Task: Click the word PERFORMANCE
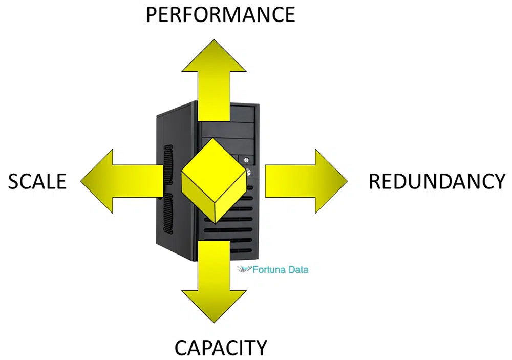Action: pyautogui.click(x=220, y=15)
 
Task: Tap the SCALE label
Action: pyautogui.click(x=37, y=181)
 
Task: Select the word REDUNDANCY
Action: pyautogui.click(x=437, y=181)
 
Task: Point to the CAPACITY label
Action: pyautogui.click(x=221, y=348)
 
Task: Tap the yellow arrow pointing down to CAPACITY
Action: pyautogui.click(x=214, y=281)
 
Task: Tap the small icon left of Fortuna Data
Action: pyautogui.click(x=244, y=269)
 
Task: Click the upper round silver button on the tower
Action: pyautogui.click(x=246, y=160)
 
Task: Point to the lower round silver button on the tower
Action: pyautogui.click(x=249, y=172)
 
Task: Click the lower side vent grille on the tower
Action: pyautogui.click(x=168, y=214)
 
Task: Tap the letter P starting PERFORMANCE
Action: pyautogui.click(x=151, y=15)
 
